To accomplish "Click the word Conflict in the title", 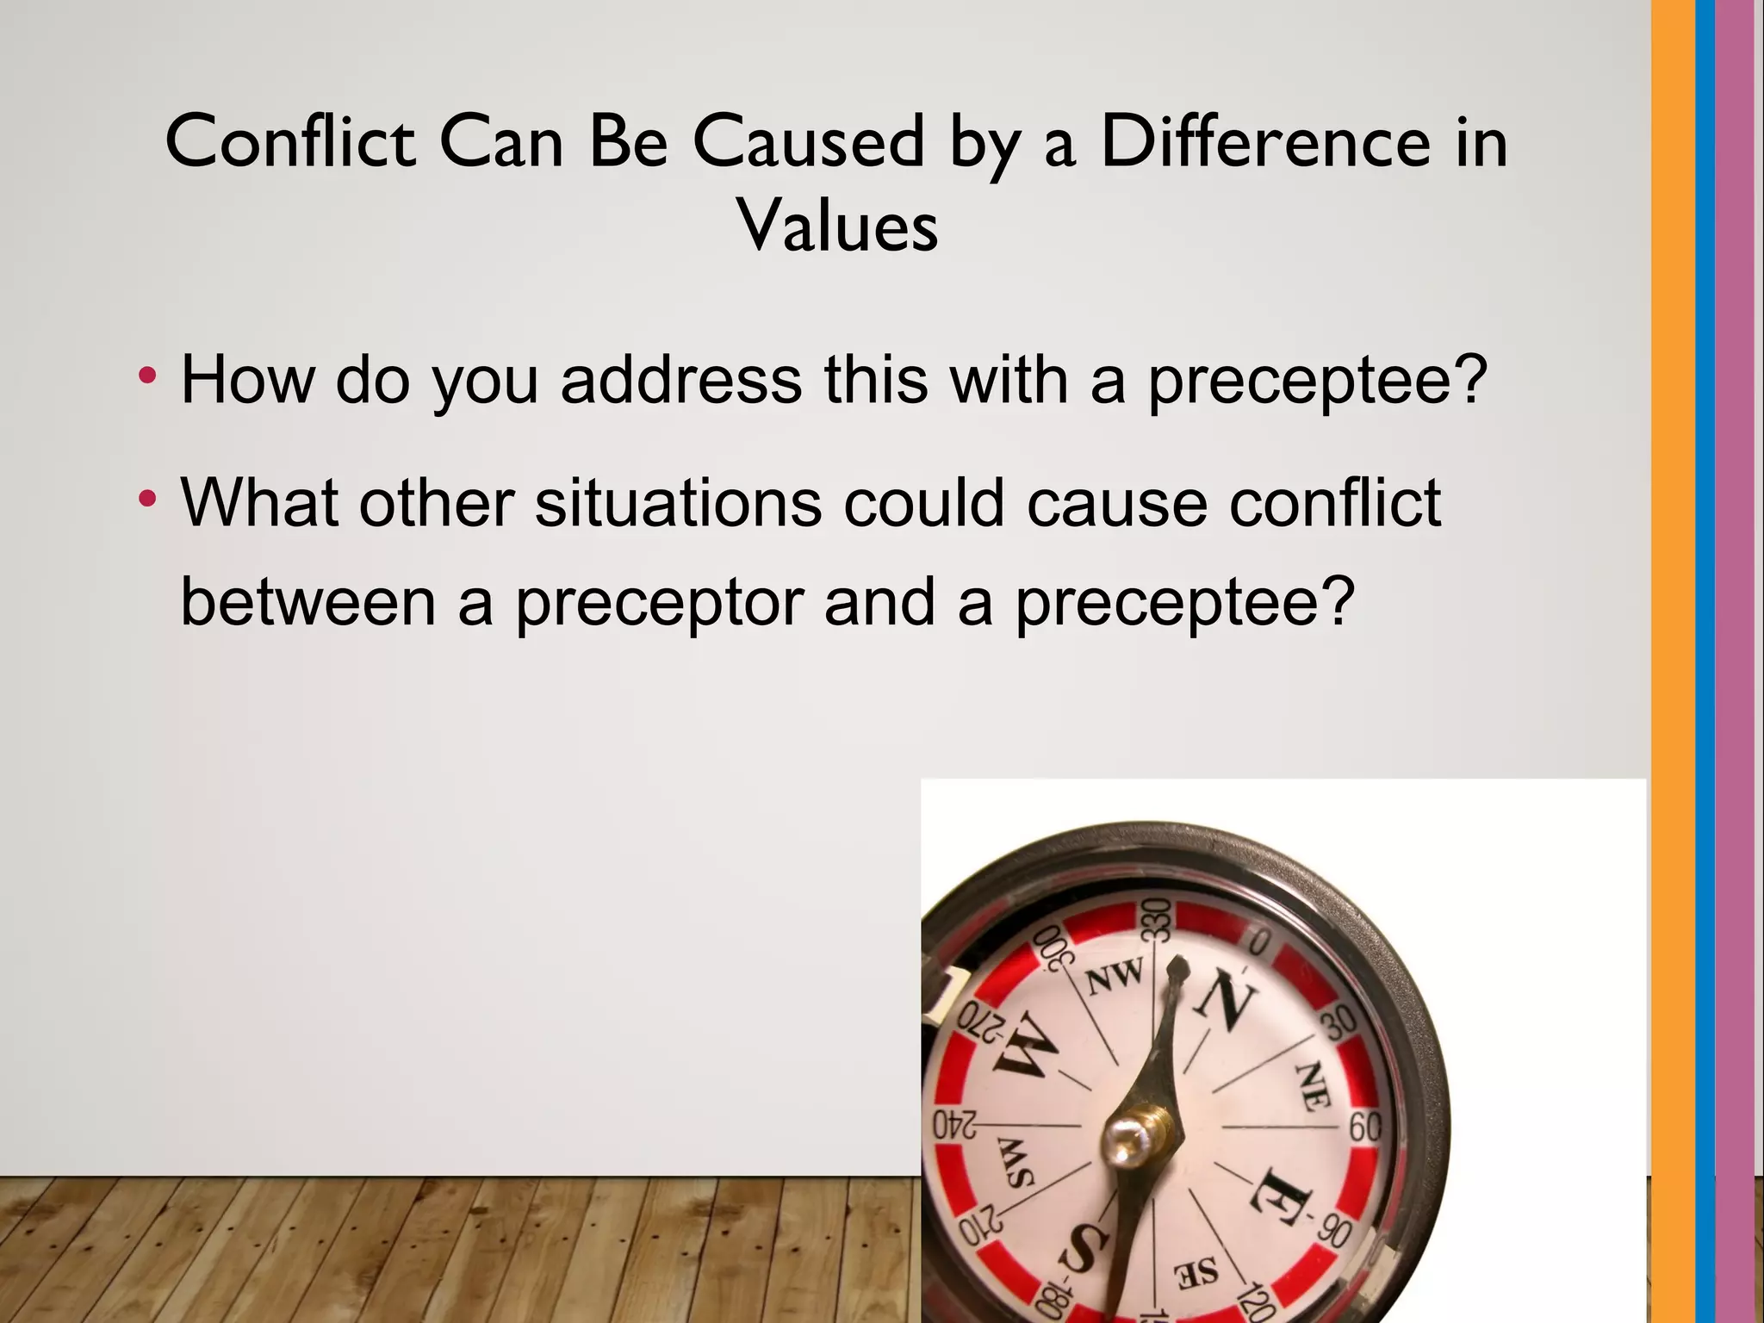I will (291, 141).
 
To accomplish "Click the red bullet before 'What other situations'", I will (148, 498).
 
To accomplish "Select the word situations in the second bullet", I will (678, 502).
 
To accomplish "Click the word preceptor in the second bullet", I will (659, 602).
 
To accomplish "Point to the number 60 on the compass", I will (1364, 1126).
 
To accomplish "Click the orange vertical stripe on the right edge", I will (1673, 661).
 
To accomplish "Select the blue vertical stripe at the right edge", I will (1705, 661).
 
